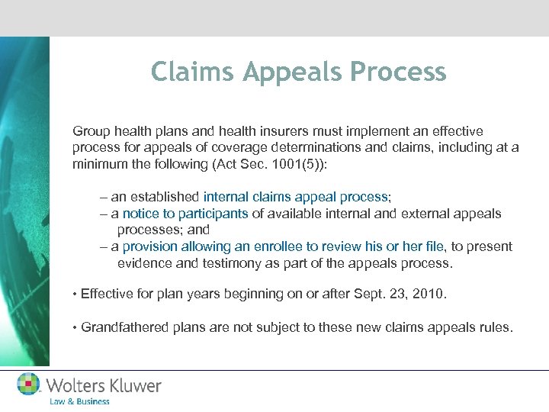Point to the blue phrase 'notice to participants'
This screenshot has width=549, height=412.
point(185,213)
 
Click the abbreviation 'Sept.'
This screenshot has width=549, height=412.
point(364,294)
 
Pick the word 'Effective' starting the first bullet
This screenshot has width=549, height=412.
point(108,294)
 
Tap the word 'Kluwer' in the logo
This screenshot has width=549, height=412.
point(132,385)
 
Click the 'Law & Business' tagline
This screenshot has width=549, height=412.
point(79,401)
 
